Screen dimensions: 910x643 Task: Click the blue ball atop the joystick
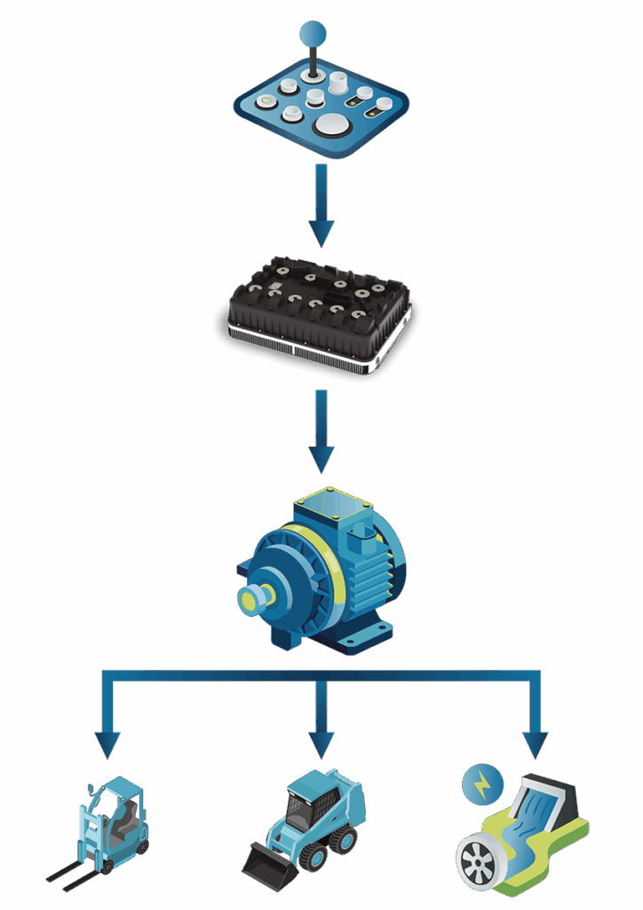pyautogui.click(x=313, y=35)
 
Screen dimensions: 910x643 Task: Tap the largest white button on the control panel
pyautogui.click(x=329, y=124)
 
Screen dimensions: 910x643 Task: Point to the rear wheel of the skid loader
pyautogui.click(x=342, y=839)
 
